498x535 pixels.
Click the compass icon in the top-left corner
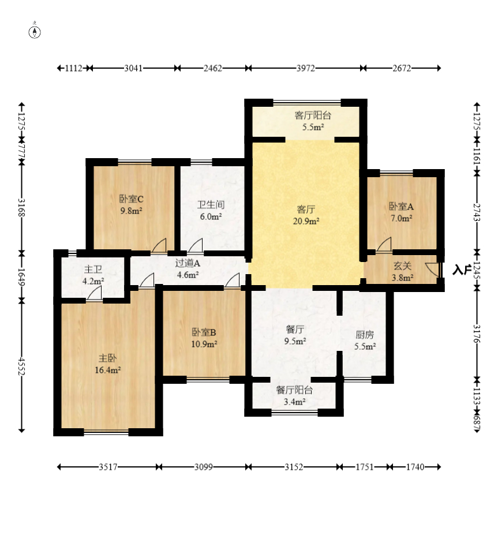click(35, 31)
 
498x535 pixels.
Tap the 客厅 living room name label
click(306, 209)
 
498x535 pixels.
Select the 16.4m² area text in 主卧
click(108, 370)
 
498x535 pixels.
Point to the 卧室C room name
click(132, 199)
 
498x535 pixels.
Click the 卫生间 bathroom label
click(211, 204)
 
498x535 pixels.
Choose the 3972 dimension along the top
click(305, 68)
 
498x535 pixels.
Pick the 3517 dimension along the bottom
click(108, 467)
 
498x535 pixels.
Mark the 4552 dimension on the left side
click(21, 366)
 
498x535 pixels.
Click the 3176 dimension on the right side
click(477, 334)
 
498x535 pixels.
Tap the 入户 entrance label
click(462, 270)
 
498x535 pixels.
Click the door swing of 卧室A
click(384, 245)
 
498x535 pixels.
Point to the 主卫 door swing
click(94, 293)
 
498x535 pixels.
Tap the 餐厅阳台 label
click(294, 390)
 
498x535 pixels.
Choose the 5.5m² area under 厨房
click(365, 346)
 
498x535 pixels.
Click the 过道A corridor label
click(188, 263)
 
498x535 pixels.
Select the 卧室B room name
click(204, 332)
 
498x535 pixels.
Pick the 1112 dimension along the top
click(74, 68)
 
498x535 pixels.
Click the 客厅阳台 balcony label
click(313, 115)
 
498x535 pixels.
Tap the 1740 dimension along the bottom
click(415, 467)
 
